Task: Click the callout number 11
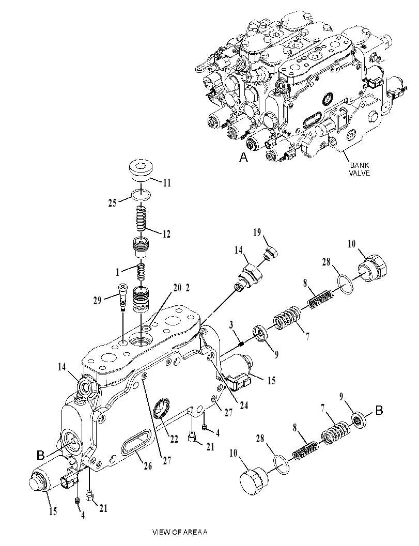click(x=167, y=183)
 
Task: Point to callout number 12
click(x=166, y=233)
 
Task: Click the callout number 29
click(x=97, y=300)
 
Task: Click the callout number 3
click(x=231, y=325)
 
